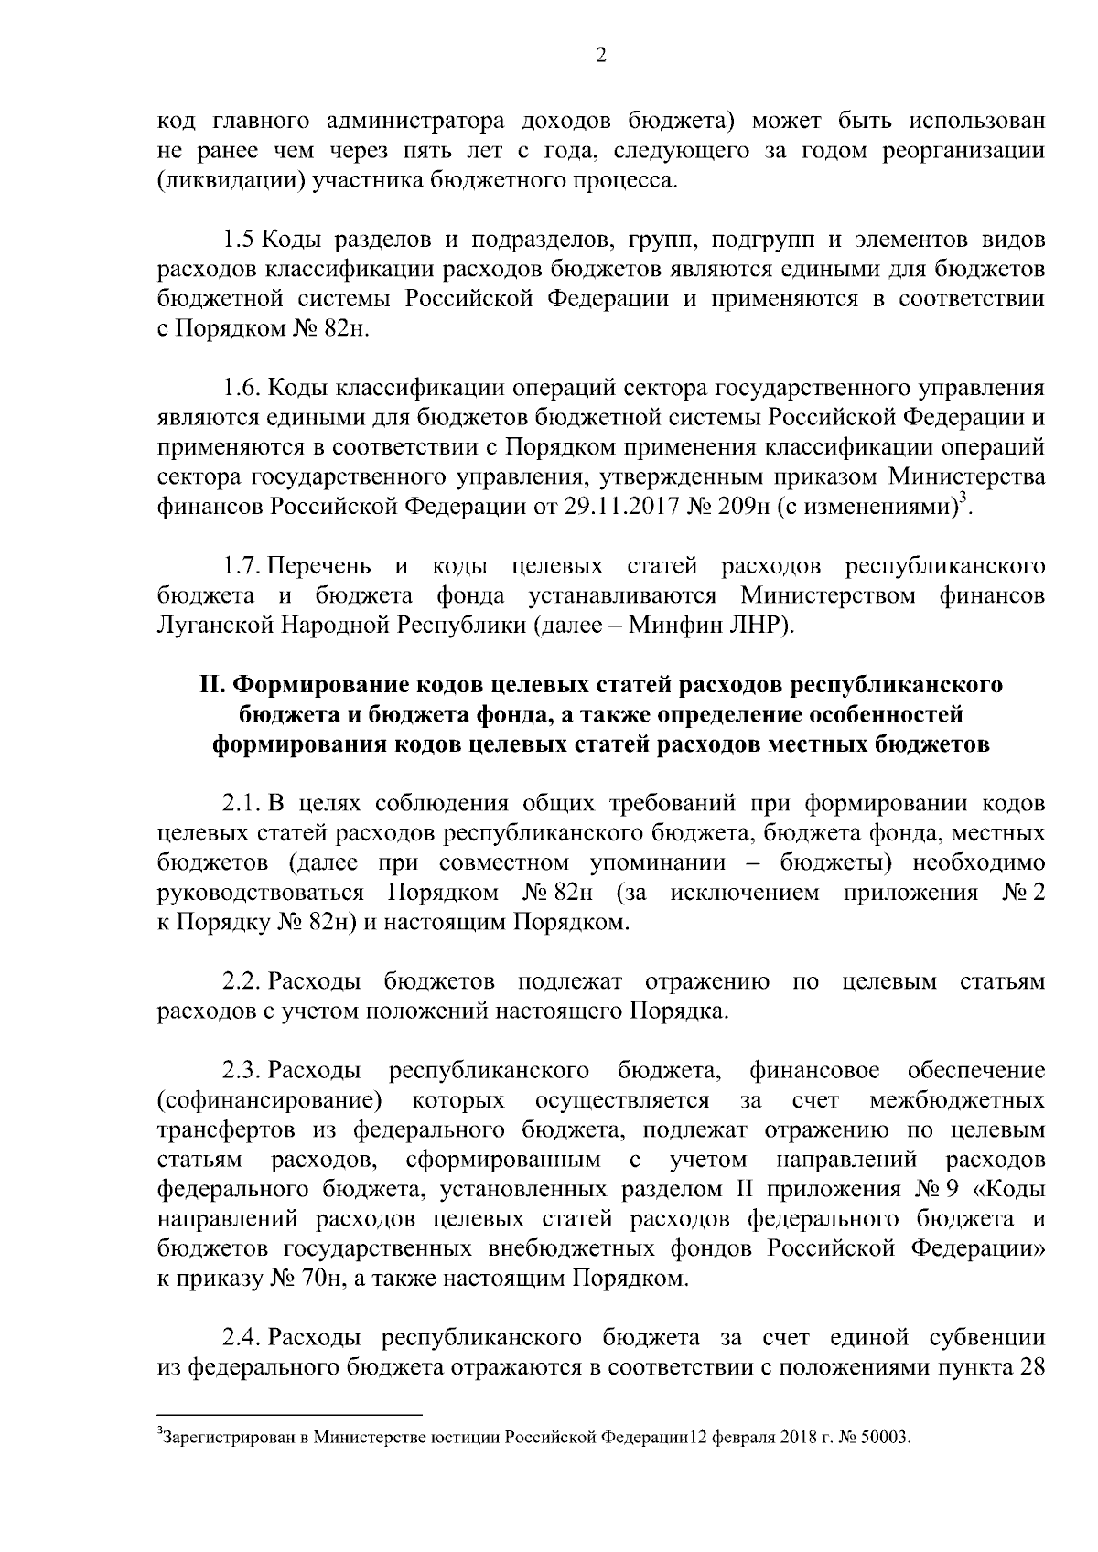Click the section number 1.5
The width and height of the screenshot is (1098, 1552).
[x=241, y=241]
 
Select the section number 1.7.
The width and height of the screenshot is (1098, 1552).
[x=242, y=567]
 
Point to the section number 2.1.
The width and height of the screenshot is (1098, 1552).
[x=242, y=804]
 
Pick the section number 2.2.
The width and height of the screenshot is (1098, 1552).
[x=242, y=982]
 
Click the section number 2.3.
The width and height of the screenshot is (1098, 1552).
[x=242, y=1070]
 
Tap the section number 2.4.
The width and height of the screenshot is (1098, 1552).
[x=242, y=1338]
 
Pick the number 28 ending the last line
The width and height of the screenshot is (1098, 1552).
[x=1031, y=1368]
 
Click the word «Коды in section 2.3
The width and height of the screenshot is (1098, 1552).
[x=1010, y=1190]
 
